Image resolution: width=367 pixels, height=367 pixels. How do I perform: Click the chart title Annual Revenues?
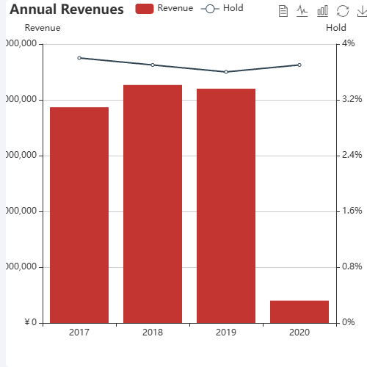pos(67,10)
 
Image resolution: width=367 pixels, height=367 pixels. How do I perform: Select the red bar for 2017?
pos(79,215)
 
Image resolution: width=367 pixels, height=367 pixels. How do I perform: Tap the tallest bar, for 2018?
pos(153,204)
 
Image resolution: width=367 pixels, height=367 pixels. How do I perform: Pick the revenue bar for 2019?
pos(226,206)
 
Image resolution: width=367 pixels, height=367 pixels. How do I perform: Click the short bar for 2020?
pos(299,312)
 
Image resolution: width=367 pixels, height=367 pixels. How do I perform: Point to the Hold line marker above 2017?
pos(79,58)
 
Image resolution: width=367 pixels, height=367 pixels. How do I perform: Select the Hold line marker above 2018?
pos(153,65)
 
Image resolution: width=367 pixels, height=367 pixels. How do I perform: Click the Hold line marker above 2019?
pos(226,72)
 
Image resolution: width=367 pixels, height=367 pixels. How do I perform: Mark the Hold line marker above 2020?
pos(299,65)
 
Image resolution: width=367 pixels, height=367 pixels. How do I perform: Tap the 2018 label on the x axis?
pos(153,333)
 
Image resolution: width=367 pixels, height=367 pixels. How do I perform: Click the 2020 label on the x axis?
pos(299,333)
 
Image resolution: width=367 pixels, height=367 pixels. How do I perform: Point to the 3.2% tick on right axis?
pos(352,100)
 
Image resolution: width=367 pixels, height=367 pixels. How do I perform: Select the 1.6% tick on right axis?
pos(352,211)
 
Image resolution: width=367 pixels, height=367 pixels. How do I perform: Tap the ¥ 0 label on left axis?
pos(32,323)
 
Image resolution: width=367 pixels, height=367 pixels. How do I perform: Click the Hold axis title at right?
pos(335,28)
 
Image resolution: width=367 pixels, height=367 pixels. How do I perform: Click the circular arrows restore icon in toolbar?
pos(342,11)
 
